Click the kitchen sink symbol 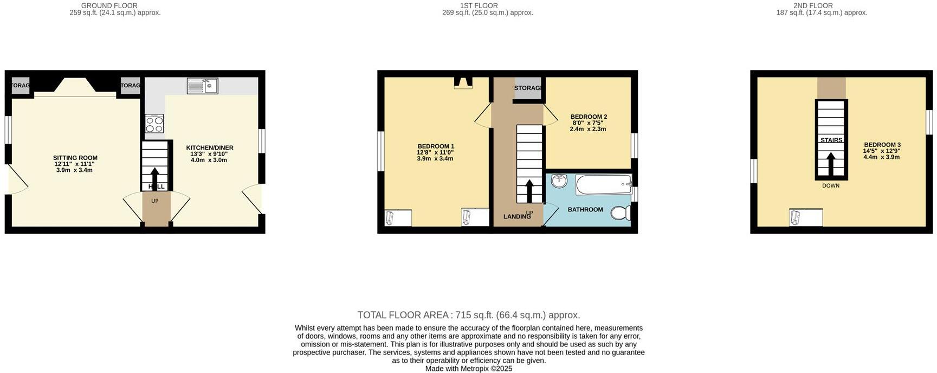pyautogui.click(x=203, y=86)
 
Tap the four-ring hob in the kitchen pyautogui.click(x=154, y=124)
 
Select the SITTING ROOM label pyautogui.click(x=75, y=158)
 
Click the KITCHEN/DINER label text pyautogui.click(x=210, y=148)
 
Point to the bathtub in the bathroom pyautogui.click(x=604, y=184)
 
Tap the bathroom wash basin pyautogui.click(x=559, y=181)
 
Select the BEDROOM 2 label pyautogui.click(x=589, y=117)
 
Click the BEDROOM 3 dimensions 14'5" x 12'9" pyautogui.click(x=882, y=151)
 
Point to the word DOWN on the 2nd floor pyautogui.click(x=831, y=186)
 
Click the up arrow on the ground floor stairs pyautogui.click(x=155, y=177)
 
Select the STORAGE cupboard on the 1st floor pyautogui.click(x=527, y=88)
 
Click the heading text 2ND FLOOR pyautogui.click(x=813, y=5)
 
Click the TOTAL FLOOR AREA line pyautogui.click(x=469, y=315)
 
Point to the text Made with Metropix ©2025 pyautogui.click(x=469, y=369)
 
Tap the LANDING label pyautogui.click(x=517, y=217)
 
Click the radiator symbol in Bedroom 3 pyautogui.click(x=805, y=217)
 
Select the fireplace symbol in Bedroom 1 pyautogui.click(x=463, y=82)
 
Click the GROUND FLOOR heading pyautogui.click(x=109, y=5)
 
